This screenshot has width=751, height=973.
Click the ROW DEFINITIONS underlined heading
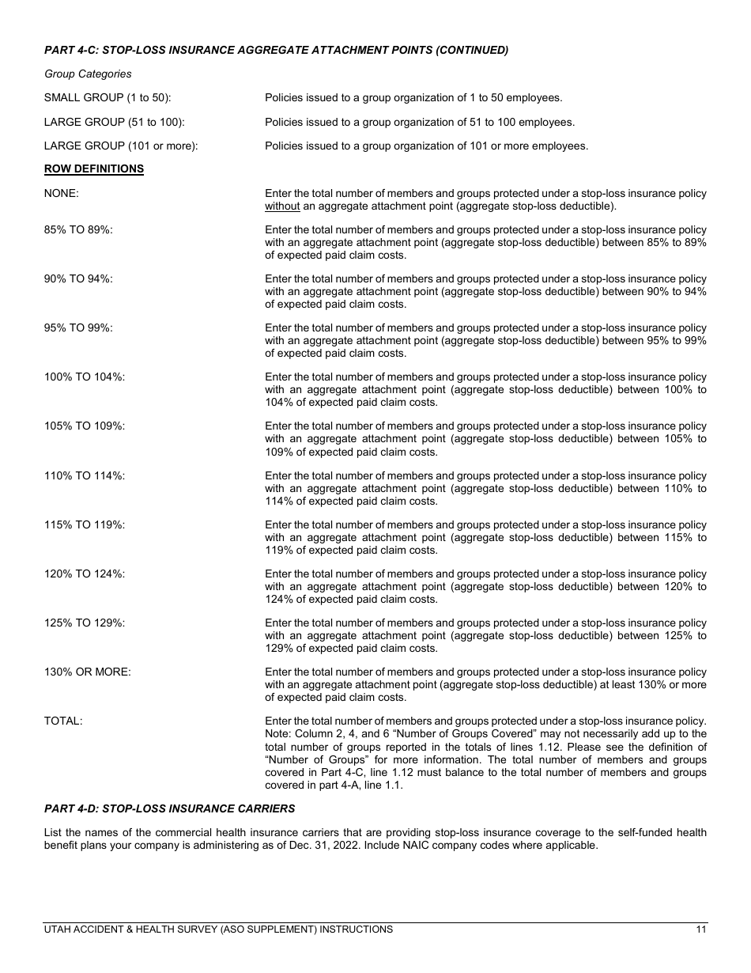[x=94, y=169]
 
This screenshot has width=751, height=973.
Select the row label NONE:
[x=62, y=194]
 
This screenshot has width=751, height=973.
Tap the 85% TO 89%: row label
[x=78, y=230]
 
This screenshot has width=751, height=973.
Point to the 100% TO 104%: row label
[x=85, y=377]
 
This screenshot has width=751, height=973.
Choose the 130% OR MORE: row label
[x=88, y=672]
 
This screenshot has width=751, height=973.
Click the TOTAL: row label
[x=63, y=721]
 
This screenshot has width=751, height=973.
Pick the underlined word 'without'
[x=282, y=206]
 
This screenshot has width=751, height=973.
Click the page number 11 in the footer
[x=701, y=929]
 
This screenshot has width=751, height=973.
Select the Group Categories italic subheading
[x=88, y=74]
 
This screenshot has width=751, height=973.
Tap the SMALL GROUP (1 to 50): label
[x=108, y=98]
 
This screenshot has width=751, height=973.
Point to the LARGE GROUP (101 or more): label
[x=121, y=146]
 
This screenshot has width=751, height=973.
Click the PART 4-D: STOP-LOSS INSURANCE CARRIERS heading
[x=169, y=808]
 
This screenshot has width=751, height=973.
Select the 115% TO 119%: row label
[x=85, y=525]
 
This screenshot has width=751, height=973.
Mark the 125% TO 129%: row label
[x=85, y=623]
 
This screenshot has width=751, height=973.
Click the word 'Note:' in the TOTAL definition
[x=279, y=734]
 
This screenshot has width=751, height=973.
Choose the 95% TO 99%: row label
[x=78, y=328]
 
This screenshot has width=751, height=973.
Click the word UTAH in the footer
[x=58, y=929]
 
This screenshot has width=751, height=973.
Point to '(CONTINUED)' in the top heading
[x=471, y=50]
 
